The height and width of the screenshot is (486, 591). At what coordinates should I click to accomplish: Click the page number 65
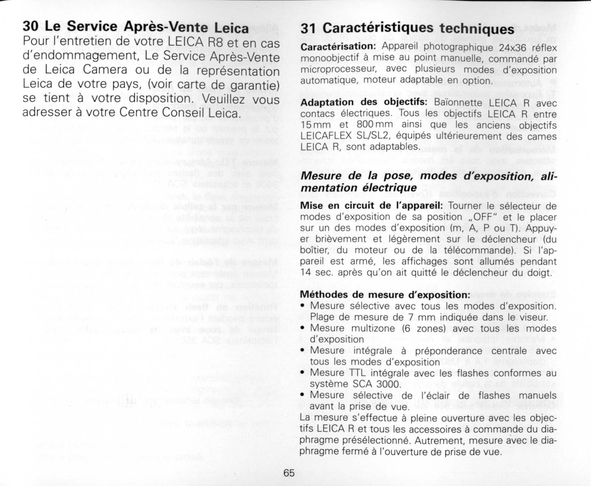(289, 472)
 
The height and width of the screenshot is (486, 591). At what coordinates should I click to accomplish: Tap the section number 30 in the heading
(30, 26)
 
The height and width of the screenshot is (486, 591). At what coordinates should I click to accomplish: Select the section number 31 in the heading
(308, 28)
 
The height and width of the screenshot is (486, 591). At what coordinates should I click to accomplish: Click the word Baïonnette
(458, 102)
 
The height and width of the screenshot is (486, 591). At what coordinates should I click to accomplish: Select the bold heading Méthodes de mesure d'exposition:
(385, 295)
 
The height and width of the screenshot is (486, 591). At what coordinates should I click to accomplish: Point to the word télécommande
(481, 250)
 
